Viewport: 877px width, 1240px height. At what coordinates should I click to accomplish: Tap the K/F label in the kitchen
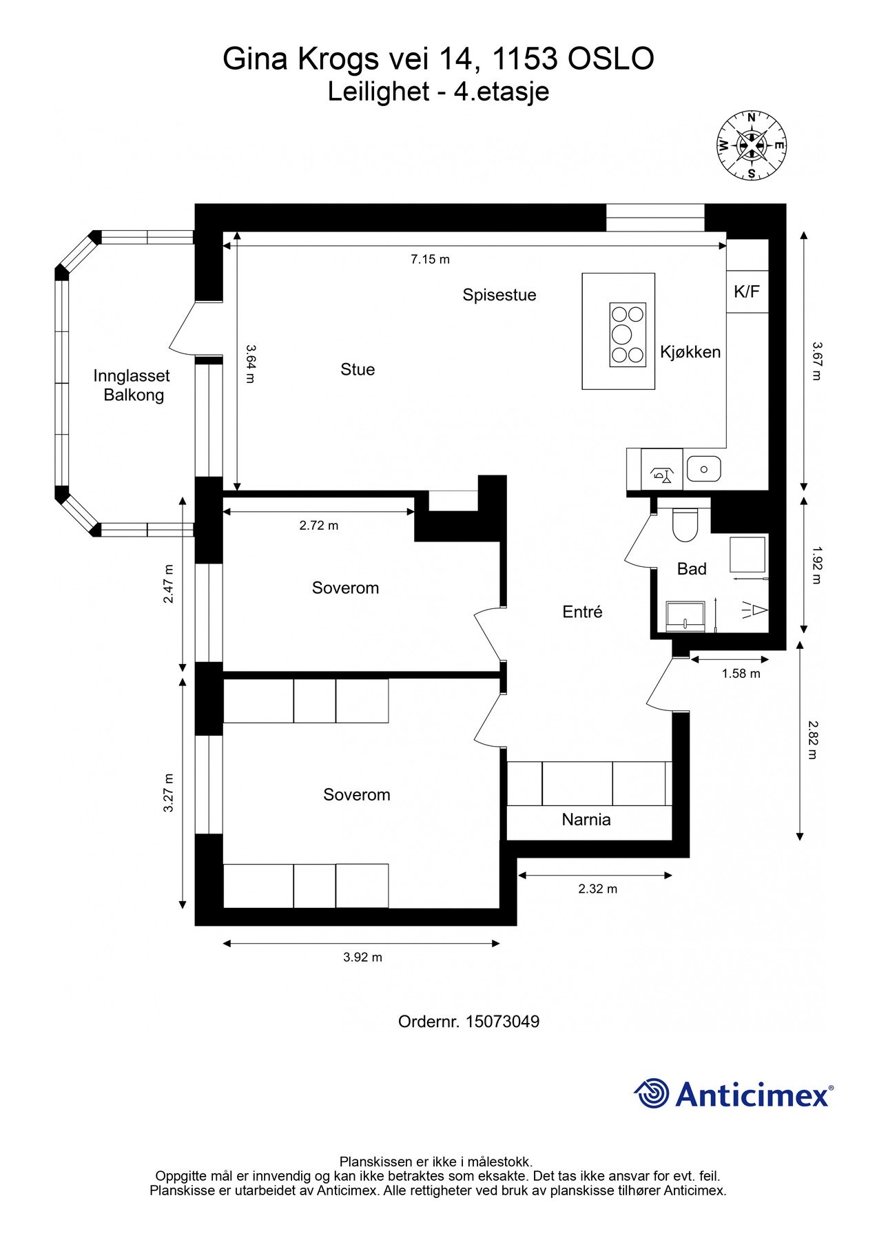click(747, 291)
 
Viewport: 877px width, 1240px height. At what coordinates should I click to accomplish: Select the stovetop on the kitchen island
click(628, 334)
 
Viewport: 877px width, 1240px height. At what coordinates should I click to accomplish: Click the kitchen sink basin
click(703, 469)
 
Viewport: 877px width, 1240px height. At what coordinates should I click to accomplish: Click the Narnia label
click(586, 819)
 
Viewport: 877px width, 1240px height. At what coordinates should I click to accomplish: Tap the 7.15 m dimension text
click(430, 259)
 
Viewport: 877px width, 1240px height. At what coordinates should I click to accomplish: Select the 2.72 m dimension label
click(319, 525)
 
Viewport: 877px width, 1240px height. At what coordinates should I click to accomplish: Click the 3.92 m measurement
click(362, 957)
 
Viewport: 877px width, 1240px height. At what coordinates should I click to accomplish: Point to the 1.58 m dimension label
click(741, 673)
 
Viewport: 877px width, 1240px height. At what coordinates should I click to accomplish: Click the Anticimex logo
click(734, 1093)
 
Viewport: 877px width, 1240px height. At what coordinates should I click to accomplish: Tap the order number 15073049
click(502, 1021)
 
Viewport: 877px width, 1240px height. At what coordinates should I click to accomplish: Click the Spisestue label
click(499, 295)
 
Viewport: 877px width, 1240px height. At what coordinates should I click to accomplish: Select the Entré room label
click(583, 612)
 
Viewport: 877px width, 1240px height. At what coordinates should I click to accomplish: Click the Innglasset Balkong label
click(132, 385)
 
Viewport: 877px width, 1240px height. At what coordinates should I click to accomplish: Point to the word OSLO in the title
click(610, 59)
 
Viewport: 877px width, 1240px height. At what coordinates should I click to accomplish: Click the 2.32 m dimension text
click(598, 889)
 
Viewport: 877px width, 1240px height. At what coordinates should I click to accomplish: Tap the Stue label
click(358, 369)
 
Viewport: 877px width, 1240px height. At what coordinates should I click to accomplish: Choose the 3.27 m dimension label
click(169, 793)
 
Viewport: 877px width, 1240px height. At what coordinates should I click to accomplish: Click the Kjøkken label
click(690, 352)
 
